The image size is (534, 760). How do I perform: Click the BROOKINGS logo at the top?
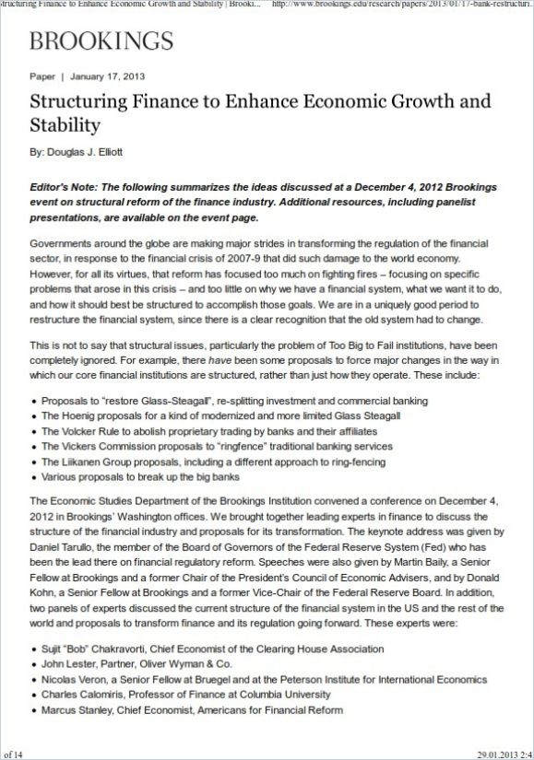pyautogui.click(x=101, y=41)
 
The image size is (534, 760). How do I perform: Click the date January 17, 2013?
pyautogui.click(x=106, y=76)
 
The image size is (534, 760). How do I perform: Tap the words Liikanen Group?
pyautogui.click(x=98, y=462)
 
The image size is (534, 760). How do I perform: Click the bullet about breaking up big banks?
pyautogui.click(x=140, y=476)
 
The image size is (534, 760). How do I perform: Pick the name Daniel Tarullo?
pyautogui.click(x=62, y=545)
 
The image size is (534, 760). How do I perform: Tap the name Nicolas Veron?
pyautogui.click(x=74, y=679)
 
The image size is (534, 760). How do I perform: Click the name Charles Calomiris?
pyautogui.click(x=80, y=695)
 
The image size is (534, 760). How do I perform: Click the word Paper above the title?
pyautogui.click(x=42, y=76)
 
